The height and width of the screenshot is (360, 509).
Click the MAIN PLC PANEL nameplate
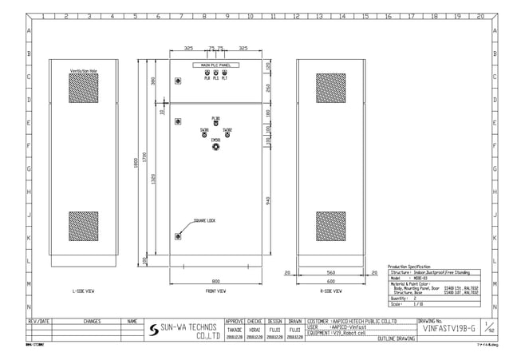tap(215, 65)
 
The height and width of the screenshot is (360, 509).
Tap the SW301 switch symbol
tap(205, 135)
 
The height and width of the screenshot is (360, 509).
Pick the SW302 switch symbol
tap(227, 135)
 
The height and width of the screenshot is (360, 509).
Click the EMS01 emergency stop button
tap(216, 148)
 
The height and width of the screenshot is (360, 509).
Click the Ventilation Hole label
tap(83, 71)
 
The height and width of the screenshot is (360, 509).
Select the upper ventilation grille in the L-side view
tap(83, 89)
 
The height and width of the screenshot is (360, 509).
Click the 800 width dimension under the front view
tap(216, 281)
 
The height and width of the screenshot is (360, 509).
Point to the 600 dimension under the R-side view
tap(330, 281)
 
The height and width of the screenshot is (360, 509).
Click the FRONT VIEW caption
tap(216, 291)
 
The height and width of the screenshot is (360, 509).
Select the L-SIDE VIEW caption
tap(83, 291)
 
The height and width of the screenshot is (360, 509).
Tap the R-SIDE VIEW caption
tap(330, 291)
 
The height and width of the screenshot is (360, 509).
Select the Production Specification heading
tap(408, 267)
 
